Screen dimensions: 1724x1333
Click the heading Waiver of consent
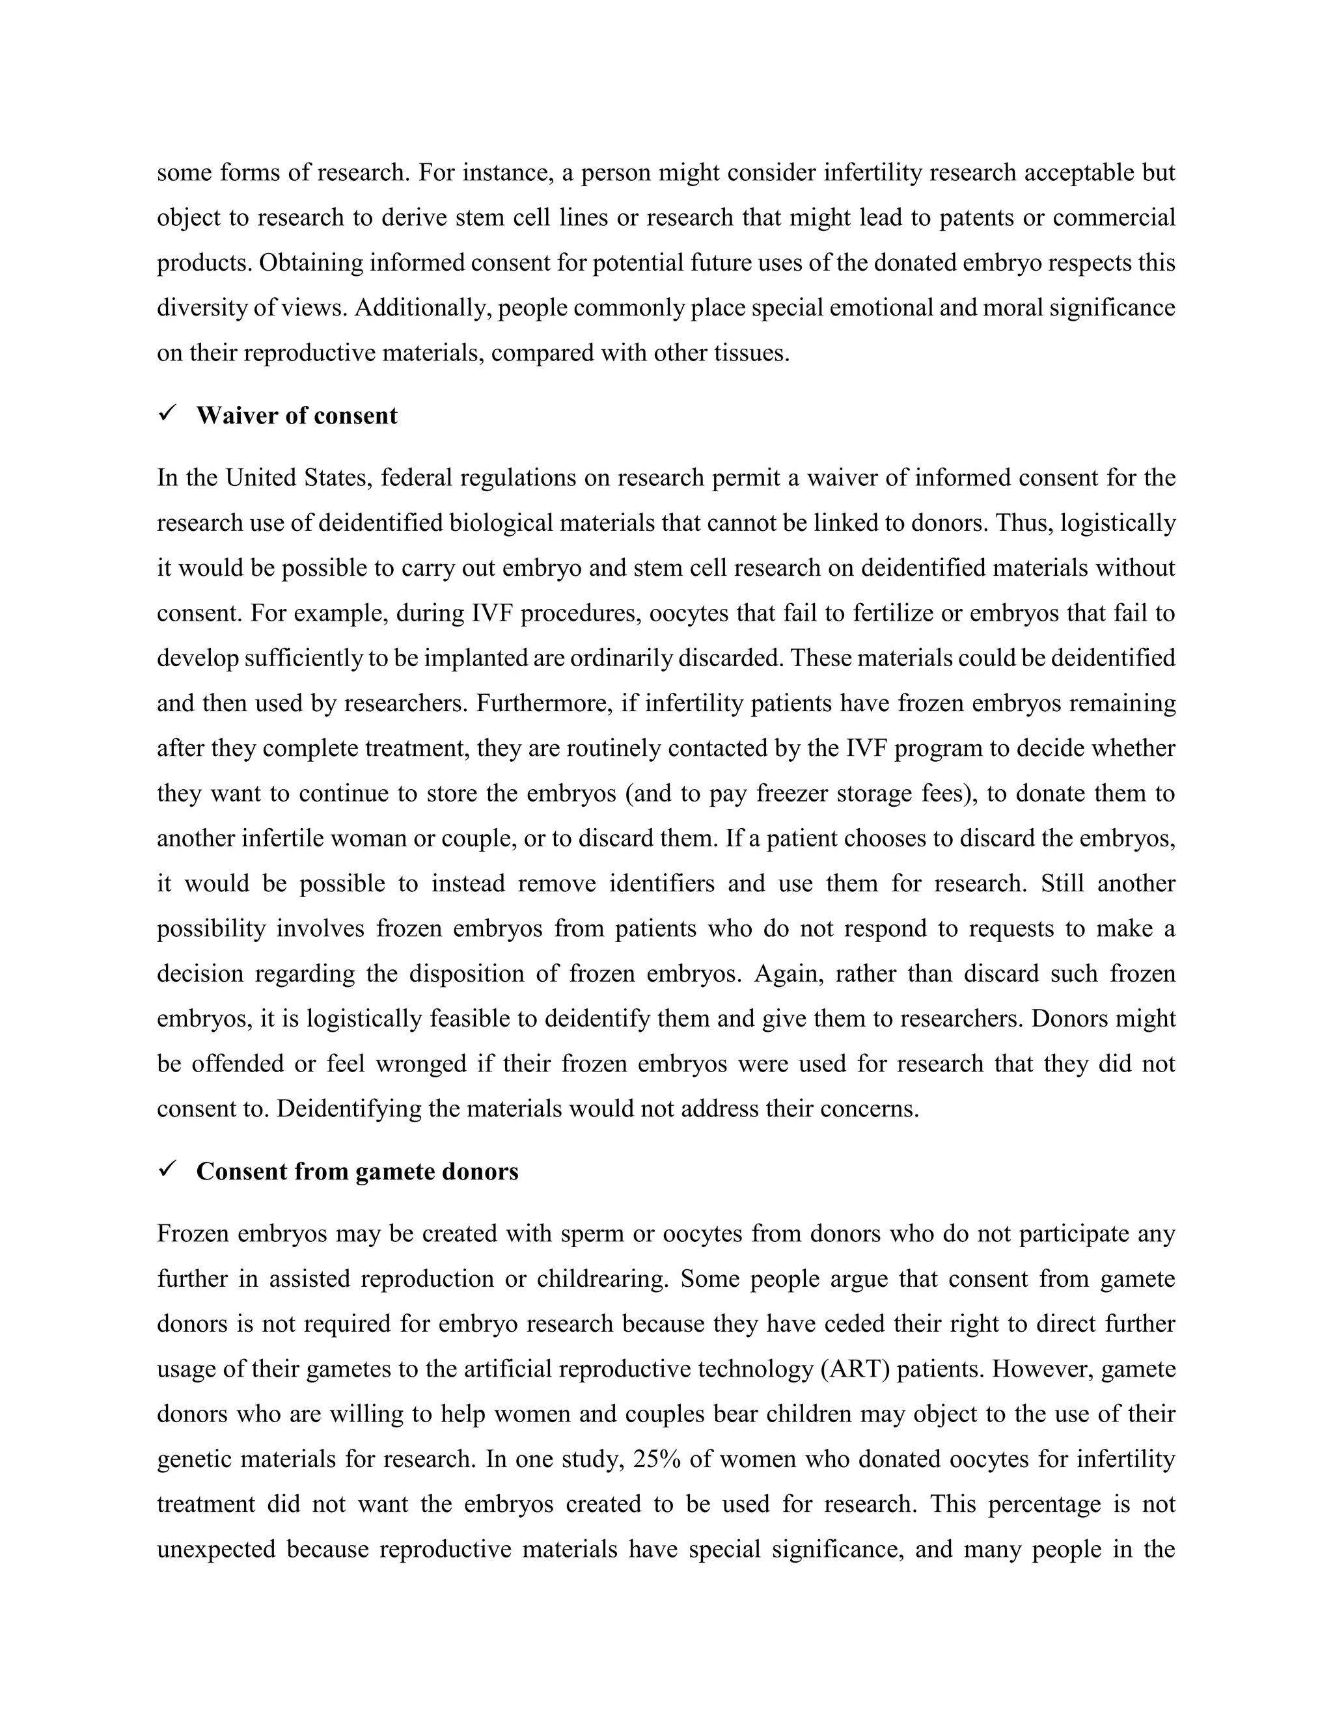(x=296, y=416)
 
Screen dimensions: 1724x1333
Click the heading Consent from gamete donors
(x=357, y=1172)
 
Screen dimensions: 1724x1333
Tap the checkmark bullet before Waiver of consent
(x=167, y=414)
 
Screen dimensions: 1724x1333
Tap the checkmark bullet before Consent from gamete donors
(x=167, y=1170)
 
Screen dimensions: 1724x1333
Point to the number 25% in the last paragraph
(x=656, y=1459)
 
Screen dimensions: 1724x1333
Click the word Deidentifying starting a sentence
(x=348, y=1109)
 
